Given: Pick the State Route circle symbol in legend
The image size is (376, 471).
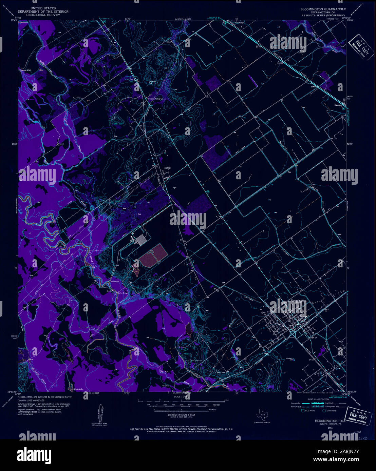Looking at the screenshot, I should click(x=324, y=410).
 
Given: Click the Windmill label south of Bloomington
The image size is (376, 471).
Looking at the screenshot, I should click(x=289, y=358).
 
